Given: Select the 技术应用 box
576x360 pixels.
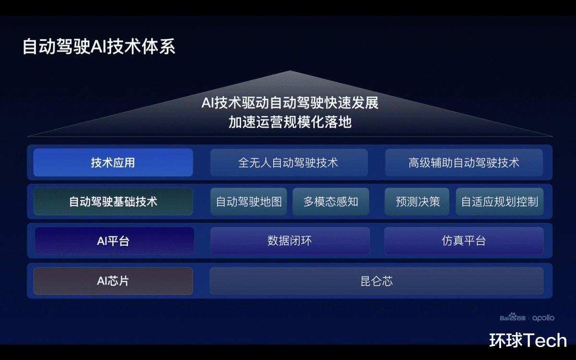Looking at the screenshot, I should tap(113, 163).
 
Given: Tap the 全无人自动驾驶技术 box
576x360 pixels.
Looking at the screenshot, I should tap(288, 163).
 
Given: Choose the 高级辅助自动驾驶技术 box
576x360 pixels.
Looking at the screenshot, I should tap(464, 163).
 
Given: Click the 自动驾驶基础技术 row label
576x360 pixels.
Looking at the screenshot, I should tap(113, 202).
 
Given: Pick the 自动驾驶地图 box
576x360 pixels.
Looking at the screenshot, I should tap(248, 202).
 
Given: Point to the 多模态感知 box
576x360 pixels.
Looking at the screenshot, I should tap(331, 202).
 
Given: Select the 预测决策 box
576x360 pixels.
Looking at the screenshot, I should tap(418, 202).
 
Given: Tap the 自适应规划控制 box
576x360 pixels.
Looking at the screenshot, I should tap(499, 202).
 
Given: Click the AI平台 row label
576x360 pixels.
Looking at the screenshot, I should tap(114, 241).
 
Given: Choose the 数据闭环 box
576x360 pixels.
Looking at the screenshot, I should tap(289, 241).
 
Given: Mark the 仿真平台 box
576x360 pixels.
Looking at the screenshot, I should tap(464, 241).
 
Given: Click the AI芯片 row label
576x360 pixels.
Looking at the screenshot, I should tap(113, 281).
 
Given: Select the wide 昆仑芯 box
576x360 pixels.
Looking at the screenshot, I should tap(376, 281).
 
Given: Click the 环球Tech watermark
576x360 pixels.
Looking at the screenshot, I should tap(528, 340).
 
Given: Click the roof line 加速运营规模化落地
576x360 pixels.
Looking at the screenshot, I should tap(290, 122).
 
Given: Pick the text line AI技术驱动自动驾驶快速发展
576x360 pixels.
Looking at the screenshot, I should tap(290, 103).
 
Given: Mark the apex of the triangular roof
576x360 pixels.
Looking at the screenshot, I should tap(290, 72).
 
